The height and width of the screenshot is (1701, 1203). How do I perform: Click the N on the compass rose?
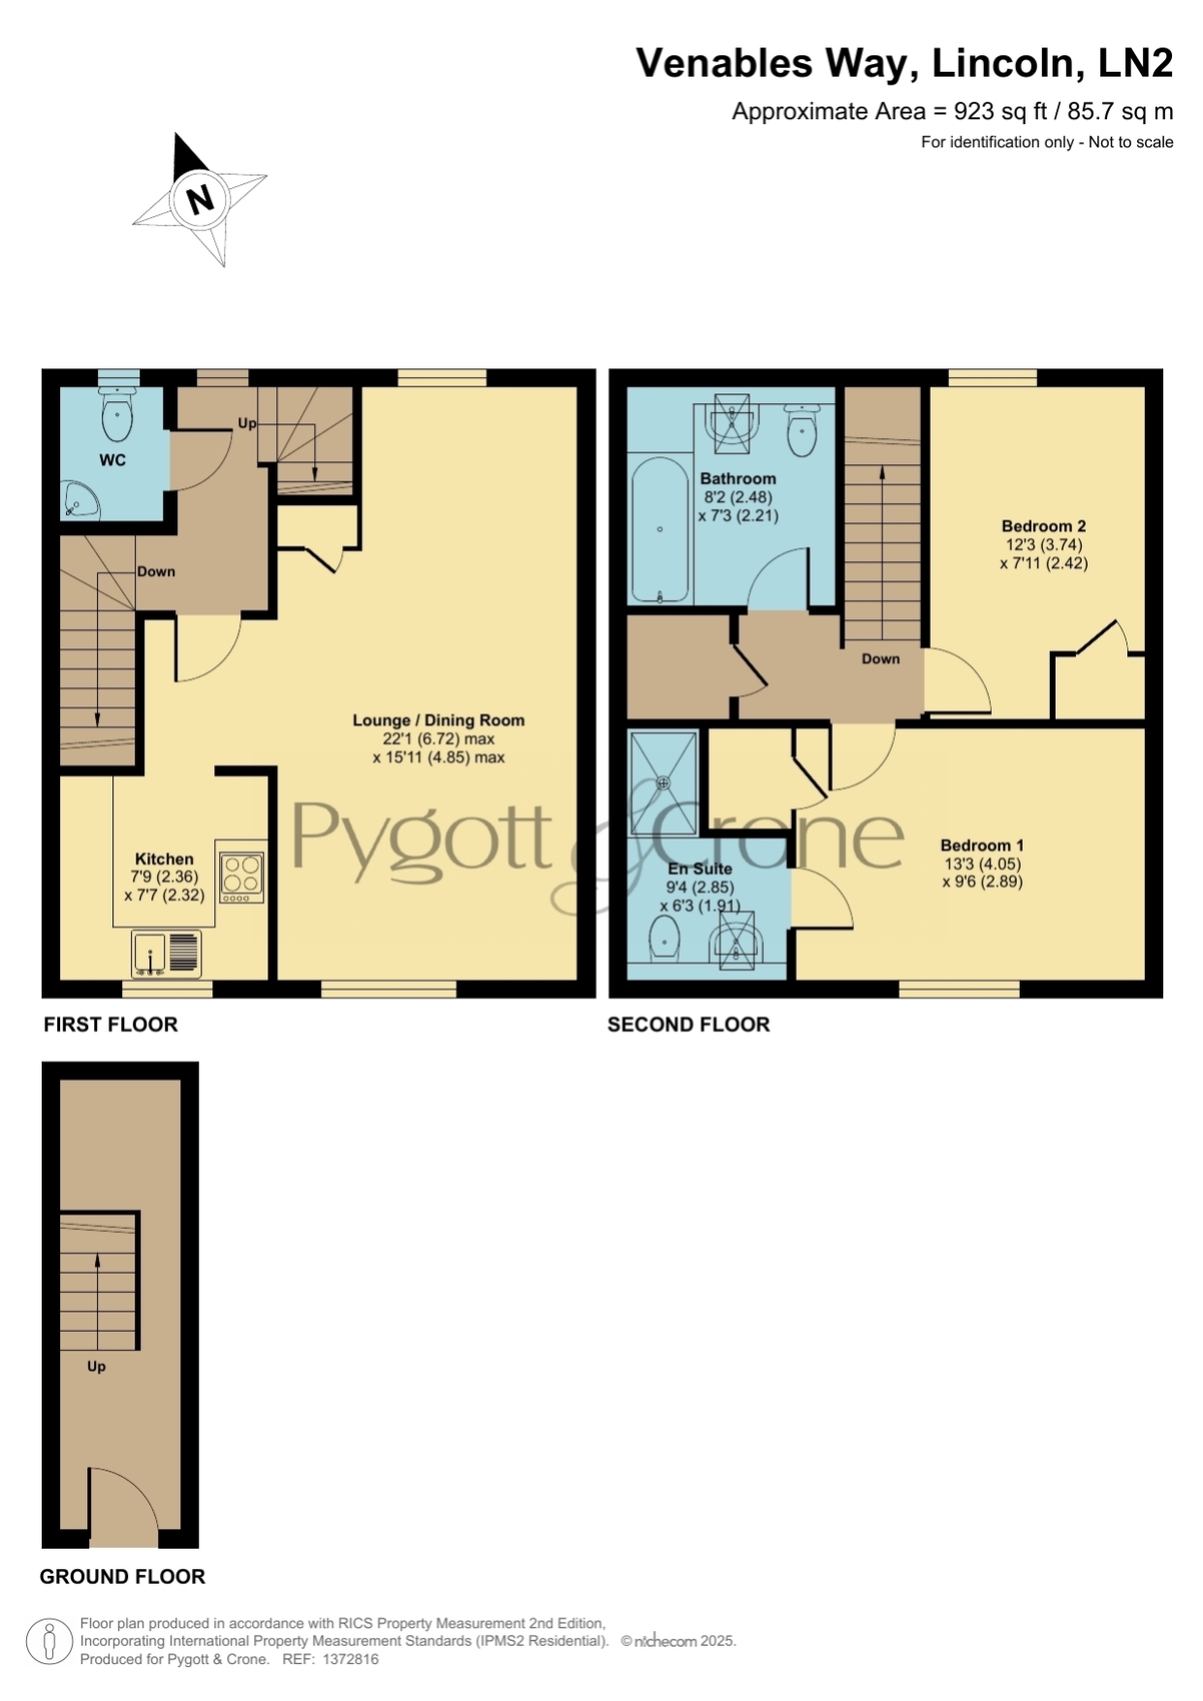pyautogui.click(x=201, y=200)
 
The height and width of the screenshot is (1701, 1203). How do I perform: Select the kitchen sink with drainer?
pyautogui.click(x=167, y=954)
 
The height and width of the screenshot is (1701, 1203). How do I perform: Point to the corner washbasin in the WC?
pyautogui.click(x=79, y=500)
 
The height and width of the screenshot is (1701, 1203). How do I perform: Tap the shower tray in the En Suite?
pyautogui.click(x=664, y=782)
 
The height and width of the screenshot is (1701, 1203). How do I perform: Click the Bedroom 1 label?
pyautogui.click(x=982, y=845)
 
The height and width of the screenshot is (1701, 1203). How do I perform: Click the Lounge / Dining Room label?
pyautogui.click(x=438, y=720)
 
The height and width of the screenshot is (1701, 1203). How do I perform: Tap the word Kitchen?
pyautogui.click(x=164, y=859)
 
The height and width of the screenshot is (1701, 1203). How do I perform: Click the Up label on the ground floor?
pyautogui.click(x=96, y=1367)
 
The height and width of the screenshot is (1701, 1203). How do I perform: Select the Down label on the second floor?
pyautogui.click(x=880, y=659)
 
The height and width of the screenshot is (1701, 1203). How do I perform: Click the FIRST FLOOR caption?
pyautogui.click(x=111, y=1024)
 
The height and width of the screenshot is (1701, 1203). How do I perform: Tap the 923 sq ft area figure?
pyautogui.click(x=995, y=111)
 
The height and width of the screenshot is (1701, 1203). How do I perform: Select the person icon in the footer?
pyautogui.click(x=49, y=1642)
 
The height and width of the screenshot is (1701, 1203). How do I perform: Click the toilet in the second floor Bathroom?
pyautogui.click(x=802, y=429)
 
